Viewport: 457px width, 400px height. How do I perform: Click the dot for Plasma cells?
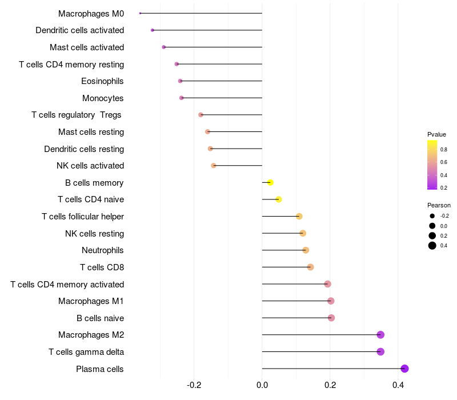(405, 369)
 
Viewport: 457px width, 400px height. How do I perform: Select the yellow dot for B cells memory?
(270, 182)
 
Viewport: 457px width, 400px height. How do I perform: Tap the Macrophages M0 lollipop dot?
(140, 13)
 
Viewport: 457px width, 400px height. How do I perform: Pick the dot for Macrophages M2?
(380, 335)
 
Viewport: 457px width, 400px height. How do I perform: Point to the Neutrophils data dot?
(306, 250)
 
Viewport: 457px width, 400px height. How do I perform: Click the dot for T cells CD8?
(310, 267)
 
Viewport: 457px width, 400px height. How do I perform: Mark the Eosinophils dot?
(180, 81)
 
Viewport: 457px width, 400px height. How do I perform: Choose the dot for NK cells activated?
(213, 166)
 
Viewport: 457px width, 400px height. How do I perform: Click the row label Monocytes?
(103, 98)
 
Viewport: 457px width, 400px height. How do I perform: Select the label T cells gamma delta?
(86, 352)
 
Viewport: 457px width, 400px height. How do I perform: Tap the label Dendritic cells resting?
(84, 149)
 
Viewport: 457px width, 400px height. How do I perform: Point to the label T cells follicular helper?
(83, 217)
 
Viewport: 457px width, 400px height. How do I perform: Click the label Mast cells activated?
(87, 47)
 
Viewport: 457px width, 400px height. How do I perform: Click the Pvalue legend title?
(436, 134)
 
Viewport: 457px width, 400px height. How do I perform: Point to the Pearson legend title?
(439, 205)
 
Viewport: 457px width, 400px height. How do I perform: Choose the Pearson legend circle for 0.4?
(432, 246)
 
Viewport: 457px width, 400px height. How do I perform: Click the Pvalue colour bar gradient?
(432, 165)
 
